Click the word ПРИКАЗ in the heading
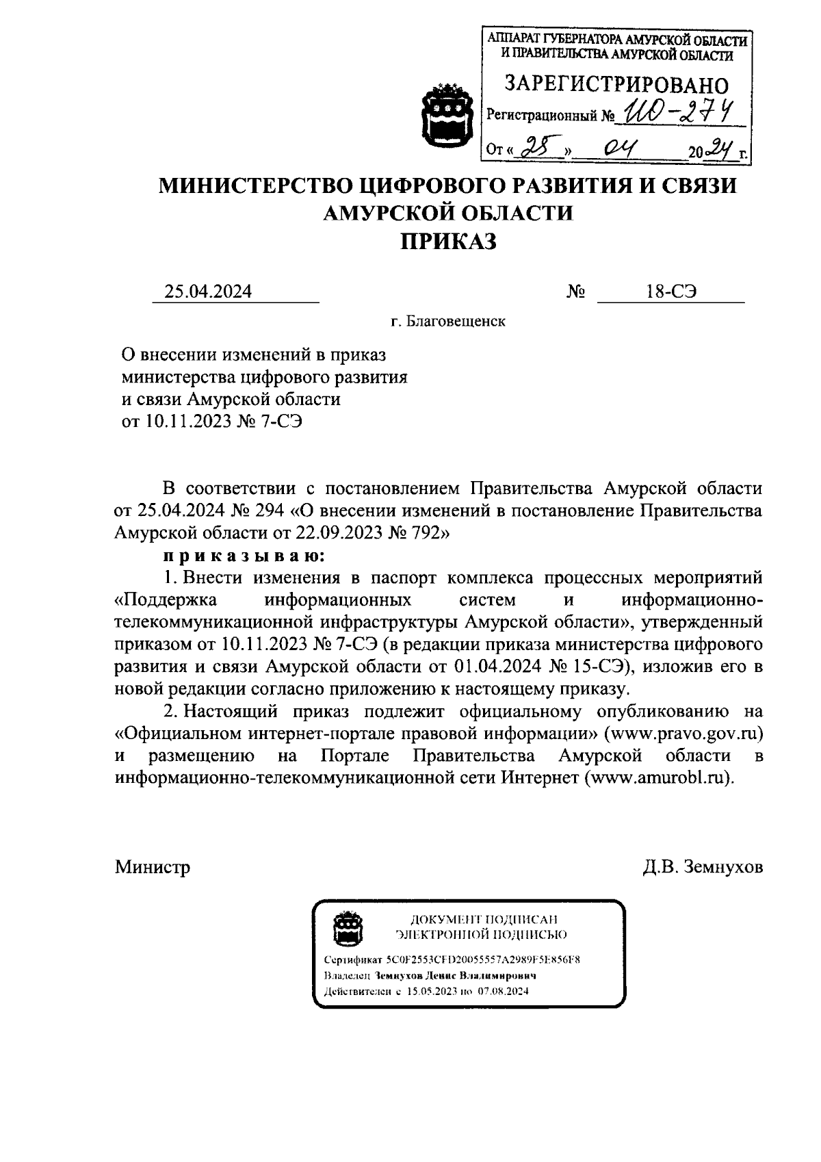pyautogui.click(x=448, y=241)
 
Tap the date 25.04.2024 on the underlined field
pyautogui.click(x=207, y=292)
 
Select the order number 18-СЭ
pyautogui.click(x=670, y=292)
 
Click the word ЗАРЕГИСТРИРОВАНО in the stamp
pyautogui.click(x=616, y=85)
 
